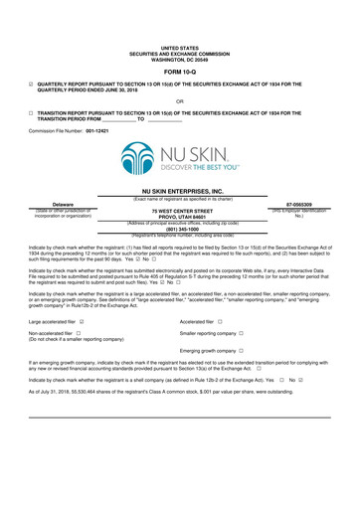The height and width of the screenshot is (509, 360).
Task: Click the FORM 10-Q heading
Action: click(179, 73)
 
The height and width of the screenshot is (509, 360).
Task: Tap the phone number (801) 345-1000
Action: click(180, 230)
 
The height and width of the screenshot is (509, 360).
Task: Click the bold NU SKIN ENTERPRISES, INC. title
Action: click(180, 191)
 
